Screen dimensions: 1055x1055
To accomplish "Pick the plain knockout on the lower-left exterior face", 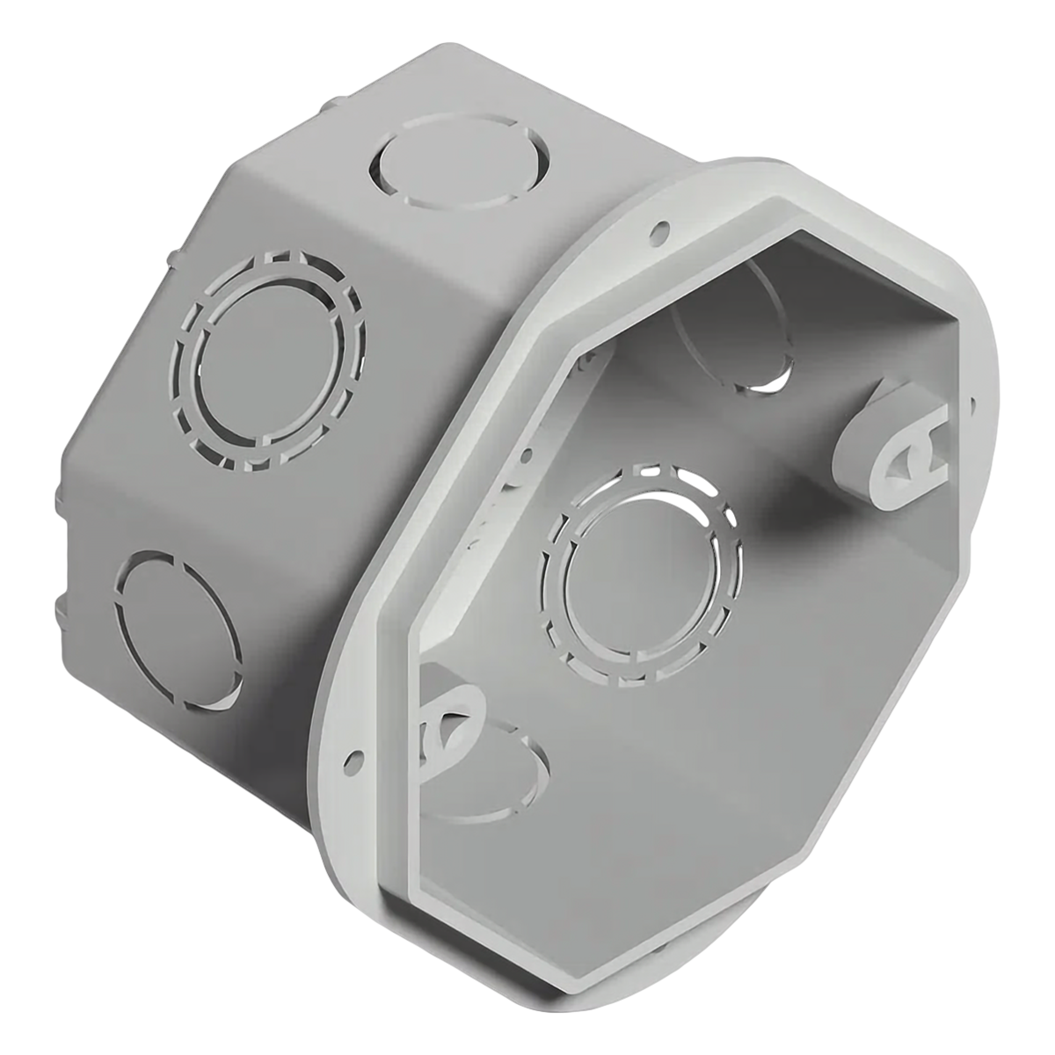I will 179,629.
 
